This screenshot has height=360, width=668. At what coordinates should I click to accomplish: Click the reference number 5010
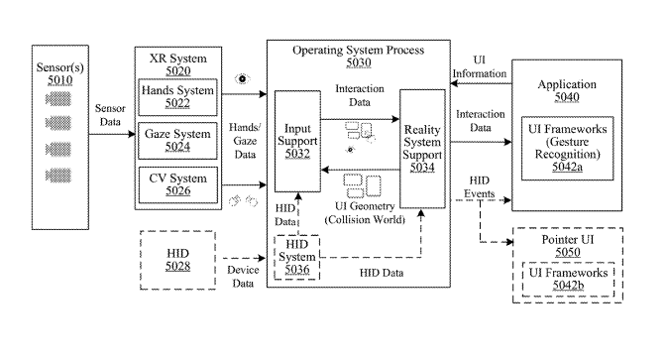60,80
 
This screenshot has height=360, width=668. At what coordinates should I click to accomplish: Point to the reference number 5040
567,97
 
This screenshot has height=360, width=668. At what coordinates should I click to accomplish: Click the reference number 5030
359,62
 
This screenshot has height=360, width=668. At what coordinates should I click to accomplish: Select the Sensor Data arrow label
110,115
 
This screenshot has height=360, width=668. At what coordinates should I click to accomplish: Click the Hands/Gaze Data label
245,141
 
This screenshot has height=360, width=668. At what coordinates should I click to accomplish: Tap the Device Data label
243,277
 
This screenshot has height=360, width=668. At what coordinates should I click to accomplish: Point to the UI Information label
480,66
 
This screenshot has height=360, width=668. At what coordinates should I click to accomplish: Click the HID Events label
480,187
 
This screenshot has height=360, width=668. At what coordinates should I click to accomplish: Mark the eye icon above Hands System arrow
242,79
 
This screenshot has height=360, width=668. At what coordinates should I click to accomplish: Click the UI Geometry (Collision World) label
365,213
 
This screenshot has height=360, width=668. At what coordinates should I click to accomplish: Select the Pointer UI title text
568,239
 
